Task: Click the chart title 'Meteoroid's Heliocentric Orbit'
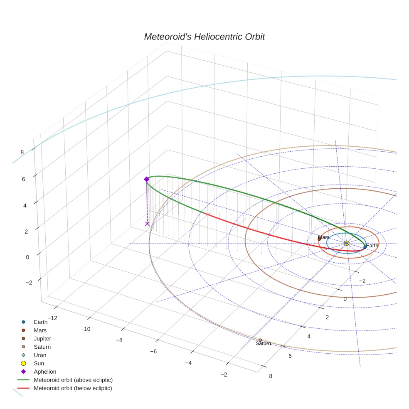click(204, 37)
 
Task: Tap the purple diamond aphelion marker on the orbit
click(146, 179)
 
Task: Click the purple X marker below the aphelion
click(147, 224)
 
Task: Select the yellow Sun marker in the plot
click(347, 243)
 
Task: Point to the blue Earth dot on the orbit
click(365, 247)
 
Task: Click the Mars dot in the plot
click(319, 239)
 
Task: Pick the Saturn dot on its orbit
click(260, 340)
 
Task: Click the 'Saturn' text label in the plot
click(263, 344)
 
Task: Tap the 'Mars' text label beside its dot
click(324, 237)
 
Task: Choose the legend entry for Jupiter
click(42, 338)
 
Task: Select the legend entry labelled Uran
click(40, 355)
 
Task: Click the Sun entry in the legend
click(39, 363)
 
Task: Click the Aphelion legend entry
click(45, 372)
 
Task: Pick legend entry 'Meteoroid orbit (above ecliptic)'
click(73, 380)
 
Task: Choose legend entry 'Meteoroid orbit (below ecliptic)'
click(73, 388)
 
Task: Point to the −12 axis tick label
click(52, 318)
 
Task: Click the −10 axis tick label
click(85, 329)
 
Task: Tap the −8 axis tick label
click(119, 340)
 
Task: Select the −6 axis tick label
click(153, 351)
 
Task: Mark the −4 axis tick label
click(188, 363)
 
